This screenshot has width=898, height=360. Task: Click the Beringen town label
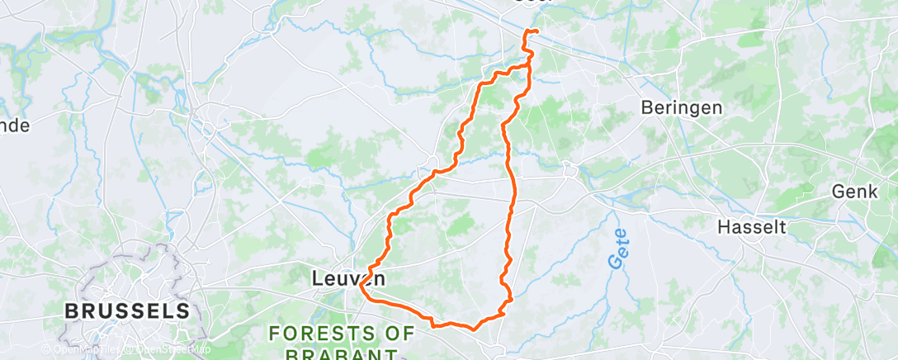[681, 107]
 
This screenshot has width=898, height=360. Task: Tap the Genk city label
[854, 192]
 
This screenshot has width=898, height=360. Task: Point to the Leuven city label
[347, 279]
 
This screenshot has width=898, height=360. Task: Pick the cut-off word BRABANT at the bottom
[339, 354]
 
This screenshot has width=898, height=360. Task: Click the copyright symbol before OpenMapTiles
[46, 348]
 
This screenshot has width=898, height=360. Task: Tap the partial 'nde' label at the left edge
[15, 126]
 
